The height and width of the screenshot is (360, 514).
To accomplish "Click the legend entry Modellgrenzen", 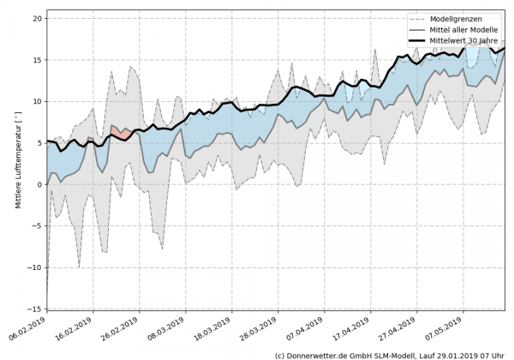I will point(463,18).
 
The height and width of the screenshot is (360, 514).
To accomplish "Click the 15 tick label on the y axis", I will point(38,60).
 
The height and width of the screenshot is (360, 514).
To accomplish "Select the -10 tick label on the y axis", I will point(35,267).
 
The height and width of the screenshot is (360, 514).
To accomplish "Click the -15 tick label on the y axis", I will point(35,309).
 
